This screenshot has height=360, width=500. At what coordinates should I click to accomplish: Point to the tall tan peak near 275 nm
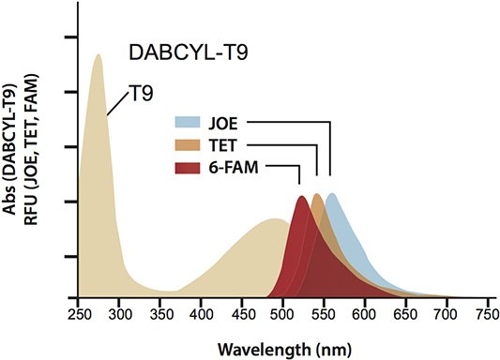click(98, 55)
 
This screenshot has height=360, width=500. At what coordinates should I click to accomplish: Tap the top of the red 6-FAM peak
click(301, 197)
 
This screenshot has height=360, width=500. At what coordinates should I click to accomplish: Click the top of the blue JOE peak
click(331, 194)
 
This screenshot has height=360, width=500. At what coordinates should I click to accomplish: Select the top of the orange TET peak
click(317, 195)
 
